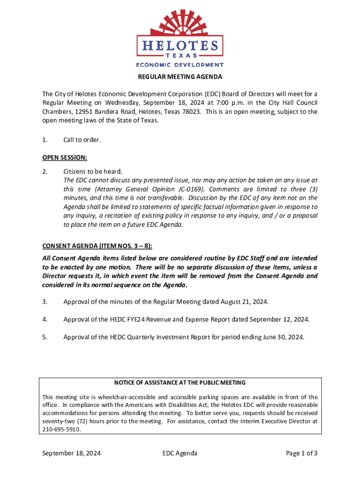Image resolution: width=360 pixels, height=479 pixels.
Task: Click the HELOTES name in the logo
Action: (180, 46)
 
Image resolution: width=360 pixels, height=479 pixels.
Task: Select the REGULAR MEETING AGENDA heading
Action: (180, 77)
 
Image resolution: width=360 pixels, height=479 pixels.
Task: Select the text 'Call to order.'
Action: (82, 140)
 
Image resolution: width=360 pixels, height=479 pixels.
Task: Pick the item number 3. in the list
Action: (45, 302)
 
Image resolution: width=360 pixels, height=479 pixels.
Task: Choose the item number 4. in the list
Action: (45, 319)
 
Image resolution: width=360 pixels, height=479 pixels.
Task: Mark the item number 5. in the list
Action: (45, 336)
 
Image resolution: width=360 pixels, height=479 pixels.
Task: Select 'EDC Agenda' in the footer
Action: (180, 453)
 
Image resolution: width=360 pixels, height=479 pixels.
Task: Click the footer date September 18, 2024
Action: (72, 453)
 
